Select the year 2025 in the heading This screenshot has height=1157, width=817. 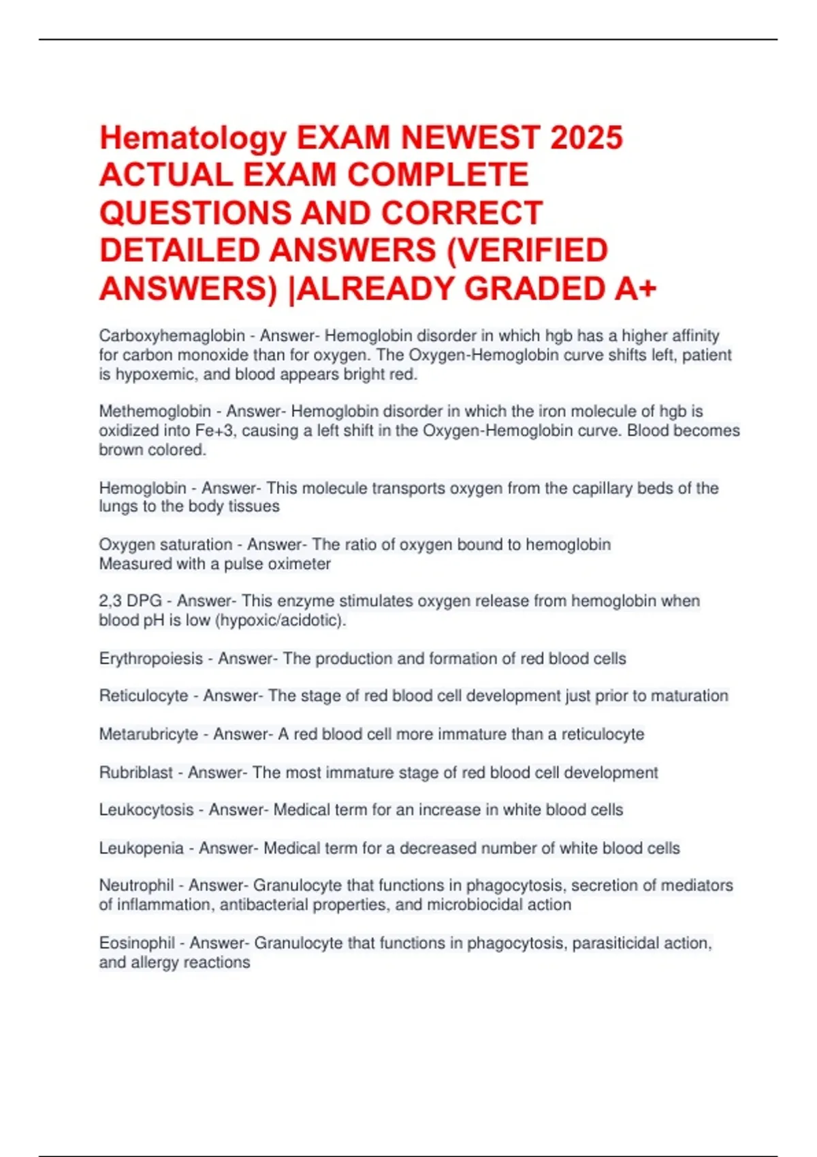(586, 138)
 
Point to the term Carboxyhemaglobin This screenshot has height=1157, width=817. (172, 336)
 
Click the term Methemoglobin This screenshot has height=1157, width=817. (155, 411)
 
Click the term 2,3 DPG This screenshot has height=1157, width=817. (130, 601)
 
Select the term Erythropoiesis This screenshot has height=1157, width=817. (150, 659)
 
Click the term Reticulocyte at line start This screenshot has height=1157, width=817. (143, 696)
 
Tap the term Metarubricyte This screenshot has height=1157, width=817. (148, 734)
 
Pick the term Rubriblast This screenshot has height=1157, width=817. (135, 772)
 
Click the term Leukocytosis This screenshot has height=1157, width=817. (146, 810)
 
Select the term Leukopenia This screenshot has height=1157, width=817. (141, 848)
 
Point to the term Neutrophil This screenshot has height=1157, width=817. (136, 885)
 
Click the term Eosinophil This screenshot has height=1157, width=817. (137, 943)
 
